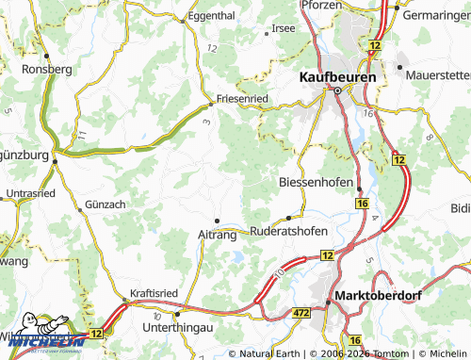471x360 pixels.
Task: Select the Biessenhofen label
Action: click(317, 181)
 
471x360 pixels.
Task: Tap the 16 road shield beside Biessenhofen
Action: click(362, 203)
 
